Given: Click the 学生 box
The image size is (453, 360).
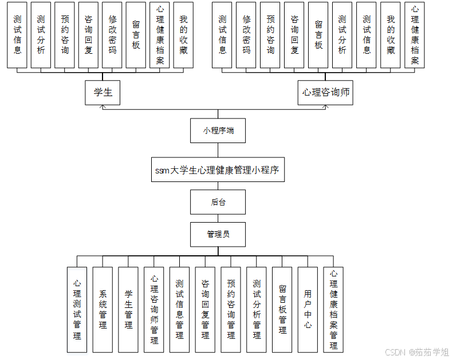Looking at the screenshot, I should pyautogui.click(x=103, y=92).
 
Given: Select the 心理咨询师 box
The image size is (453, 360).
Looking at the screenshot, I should pyautogui.click(x=325, y=92).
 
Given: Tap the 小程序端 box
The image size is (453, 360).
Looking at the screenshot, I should pyautogui.click(x=218, y=130).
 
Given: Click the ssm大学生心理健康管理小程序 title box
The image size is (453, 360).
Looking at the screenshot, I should pyautogui.click(x=218, y=170).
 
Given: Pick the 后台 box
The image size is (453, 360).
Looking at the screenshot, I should pyautogui.click(x=218, y=202).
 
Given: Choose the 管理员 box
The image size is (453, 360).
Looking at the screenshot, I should pyautogui.click(x=218, y=234).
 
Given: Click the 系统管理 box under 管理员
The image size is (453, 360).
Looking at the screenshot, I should pyautogui.click(x=103, y=310).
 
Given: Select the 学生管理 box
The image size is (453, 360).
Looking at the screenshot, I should pyautogui.click(x=128, y=310).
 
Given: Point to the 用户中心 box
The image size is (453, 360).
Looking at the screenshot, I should pyautogui.click(x=308, y=310).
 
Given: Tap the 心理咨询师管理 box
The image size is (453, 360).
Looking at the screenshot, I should pyautogui.click(x=154, y=310).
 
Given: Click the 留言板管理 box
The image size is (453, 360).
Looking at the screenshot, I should pyautogui.click(x=282, y=310).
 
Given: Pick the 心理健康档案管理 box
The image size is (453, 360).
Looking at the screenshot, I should pyautogui.click(x=333, y=310).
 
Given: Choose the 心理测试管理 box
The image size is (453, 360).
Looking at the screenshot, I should pyautogui.click(x=77, y=310).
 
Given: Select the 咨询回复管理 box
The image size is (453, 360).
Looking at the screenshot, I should pyautogui.click(x=205, y=310).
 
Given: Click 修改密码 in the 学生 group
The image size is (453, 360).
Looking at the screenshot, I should pyautogui.click(x=112, y=35).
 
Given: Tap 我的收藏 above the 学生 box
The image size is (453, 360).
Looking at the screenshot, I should pyautogui.click(x=183, y=35).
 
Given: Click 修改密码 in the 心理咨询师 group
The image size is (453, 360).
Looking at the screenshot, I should pyautogui.click(x=246, y=35).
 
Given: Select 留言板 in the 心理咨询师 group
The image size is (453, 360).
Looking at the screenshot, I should pyautogui.click(x=318, y=35).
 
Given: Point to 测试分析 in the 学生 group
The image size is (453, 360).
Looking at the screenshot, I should pyautogui.click(x=41, y=35).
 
